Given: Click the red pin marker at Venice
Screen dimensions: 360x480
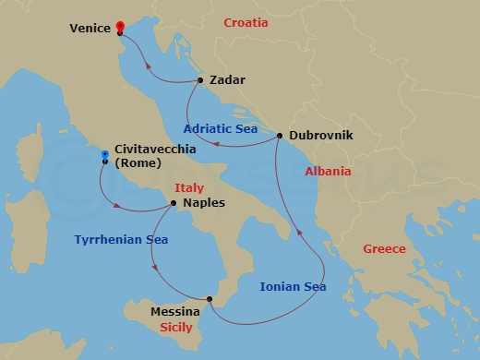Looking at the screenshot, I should click(120, 28).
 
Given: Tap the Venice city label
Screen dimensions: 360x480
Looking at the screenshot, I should click(90, 29).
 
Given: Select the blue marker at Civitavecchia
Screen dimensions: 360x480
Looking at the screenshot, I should click(104, 155).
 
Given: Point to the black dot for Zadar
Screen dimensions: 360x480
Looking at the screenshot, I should click(200, 80).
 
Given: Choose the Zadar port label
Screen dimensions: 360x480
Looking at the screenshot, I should click(227, 80).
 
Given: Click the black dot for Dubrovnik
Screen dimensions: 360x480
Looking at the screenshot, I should click(279, 136).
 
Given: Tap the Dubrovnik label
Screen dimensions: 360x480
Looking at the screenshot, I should click(318, 136).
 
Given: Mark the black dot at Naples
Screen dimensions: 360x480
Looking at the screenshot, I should click(174, 203).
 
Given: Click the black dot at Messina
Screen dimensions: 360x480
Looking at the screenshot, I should click(210, 298).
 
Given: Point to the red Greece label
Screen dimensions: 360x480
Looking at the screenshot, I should click(383, 248).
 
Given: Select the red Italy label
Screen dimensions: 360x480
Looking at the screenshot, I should click(189, 188).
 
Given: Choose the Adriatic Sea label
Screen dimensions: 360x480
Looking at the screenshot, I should click(221, 129).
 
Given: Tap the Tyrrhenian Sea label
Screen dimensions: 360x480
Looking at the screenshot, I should click(121, 240).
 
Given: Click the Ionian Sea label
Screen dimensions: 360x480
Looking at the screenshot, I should click(293, 287).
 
